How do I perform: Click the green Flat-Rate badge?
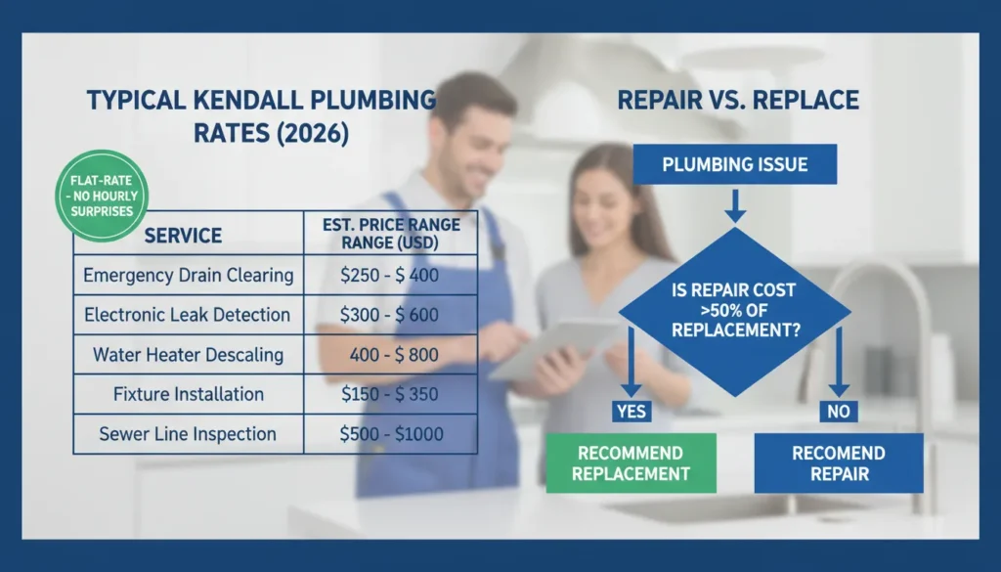click(102, 196)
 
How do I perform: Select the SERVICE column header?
click(183, 236)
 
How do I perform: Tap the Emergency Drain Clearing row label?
click(189, 275)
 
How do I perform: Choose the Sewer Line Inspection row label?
click(188, 434)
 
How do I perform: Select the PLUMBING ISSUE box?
click(735, 164)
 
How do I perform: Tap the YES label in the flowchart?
click(631, 412)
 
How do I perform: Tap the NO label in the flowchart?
click(838, 412)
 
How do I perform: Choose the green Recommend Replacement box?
click(631, 463)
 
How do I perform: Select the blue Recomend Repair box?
click(838, 463)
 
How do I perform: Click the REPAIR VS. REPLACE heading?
click(738, 100)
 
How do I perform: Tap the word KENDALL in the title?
click(252, 100)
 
